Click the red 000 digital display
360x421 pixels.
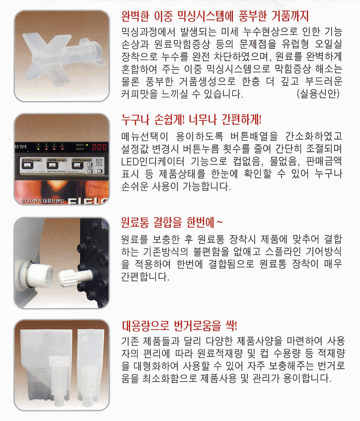point(99,147)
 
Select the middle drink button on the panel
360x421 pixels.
point(52,165)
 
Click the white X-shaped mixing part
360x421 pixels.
point(62,56)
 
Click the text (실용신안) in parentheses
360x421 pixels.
point(318,94)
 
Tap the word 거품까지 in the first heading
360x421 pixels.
point(290,16)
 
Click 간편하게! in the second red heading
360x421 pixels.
point(241,119)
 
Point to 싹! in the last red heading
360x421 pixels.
point(231,326)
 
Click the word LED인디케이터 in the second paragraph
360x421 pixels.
point(152,162)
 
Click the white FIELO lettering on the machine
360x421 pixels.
point(88,201)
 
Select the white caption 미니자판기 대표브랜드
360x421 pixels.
point(42,201)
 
